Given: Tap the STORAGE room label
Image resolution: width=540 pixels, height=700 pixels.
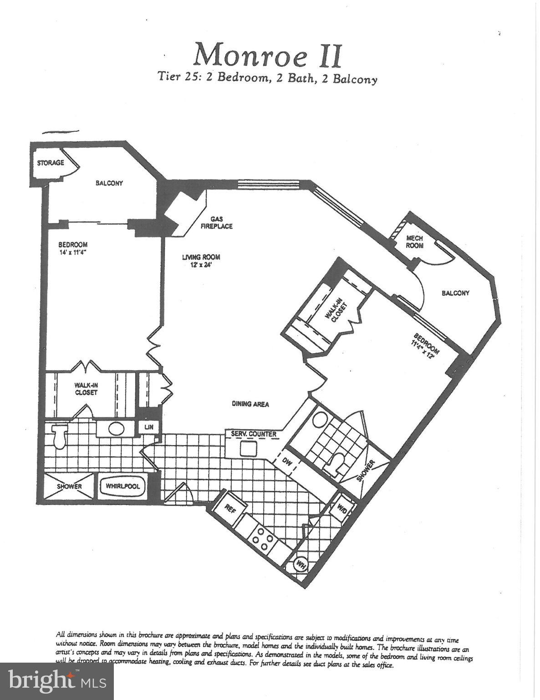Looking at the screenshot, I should pos(50,163).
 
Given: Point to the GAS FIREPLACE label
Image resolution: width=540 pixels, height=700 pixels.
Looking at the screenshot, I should pos(217,223).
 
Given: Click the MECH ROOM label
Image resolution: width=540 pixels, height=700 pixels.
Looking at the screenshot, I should pos(414,242).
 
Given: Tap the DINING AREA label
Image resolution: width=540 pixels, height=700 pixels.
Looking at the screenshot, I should pos(250,404).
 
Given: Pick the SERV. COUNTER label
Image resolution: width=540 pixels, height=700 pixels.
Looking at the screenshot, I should pos(254,434).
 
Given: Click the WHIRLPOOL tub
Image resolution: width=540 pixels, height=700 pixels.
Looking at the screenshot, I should pos(122,486).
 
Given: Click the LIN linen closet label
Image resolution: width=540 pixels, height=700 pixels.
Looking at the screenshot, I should pos(149,427).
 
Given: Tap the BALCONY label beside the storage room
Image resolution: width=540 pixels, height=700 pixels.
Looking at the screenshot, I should pos(109,183).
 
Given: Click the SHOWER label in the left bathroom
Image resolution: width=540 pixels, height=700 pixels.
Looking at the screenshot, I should pos(69,486).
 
